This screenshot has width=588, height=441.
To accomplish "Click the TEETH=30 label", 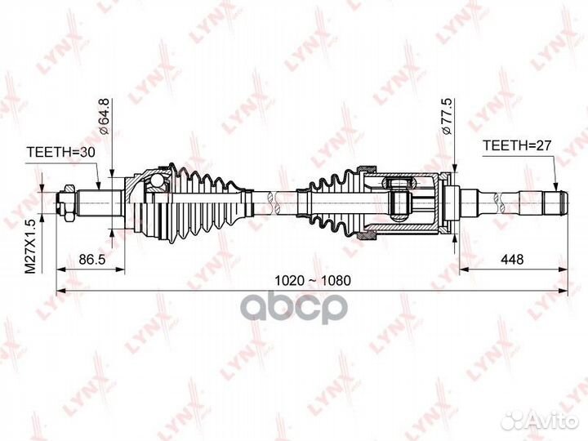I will (61, 152).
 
